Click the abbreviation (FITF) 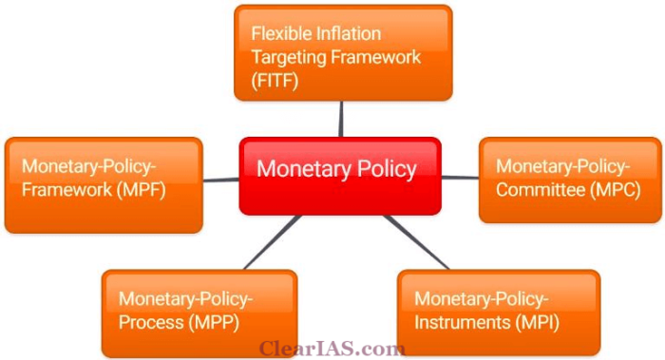(275, 82)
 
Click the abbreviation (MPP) (215, 322)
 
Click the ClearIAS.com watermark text (332, 349)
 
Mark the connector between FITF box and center (340, 119)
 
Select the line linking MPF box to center (220, 179)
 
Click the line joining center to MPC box (460, 177)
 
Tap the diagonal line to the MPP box (275, 241)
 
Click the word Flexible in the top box (279, 32)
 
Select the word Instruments (458, 322)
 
